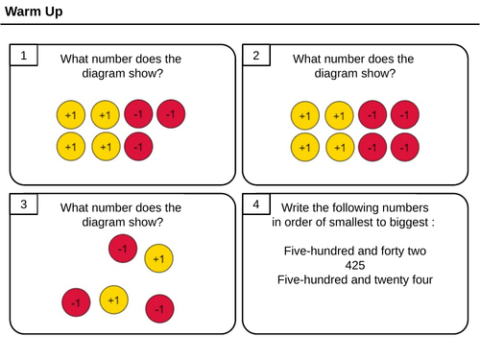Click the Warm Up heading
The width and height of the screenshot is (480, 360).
point(34,12)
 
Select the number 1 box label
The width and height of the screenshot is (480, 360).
point(24,56)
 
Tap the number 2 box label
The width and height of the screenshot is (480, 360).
point(256,56)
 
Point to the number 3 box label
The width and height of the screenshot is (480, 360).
point(24,204)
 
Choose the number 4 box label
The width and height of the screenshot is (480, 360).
point(256,204)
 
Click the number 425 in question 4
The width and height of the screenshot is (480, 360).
point(355,265)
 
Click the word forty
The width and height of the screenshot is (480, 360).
point(393,252)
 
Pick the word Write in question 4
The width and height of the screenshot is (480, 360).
point(295,207)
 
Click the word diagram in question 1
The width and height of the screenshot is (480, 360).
point(102,74)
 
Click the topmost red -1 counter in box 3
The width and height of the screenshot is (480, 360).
point(123,249)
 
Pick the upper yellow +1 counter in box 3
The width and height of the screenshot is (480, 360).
point(158,258)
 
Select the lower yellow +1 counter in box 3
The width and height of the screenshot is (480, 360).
point(113,300)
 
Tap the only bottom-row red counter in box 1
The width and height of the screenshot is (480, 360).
point(138,147)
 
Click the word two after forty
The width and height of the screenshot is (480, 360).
point(417,252)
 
